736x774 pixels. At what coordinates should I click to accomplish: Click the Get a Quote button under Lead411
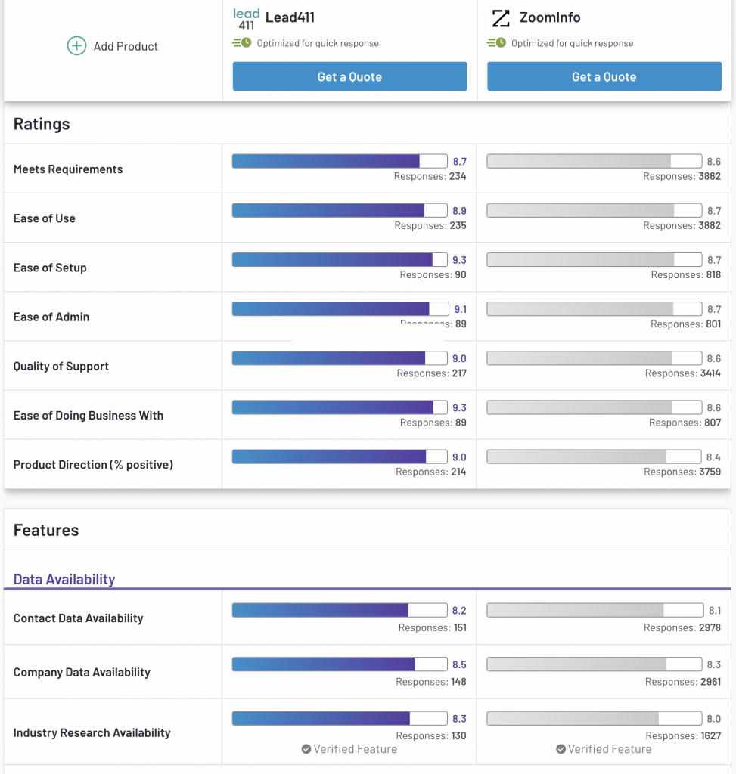click(x=349, y=76)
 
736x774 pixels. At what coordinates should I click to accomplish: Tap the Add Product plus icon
click(x=76, y=46)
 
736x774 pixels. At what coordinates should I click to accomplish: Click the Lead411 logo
click(x=246, y=20)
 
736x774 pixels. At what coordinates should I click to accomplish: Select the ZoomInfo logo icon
click(x=501, y=18)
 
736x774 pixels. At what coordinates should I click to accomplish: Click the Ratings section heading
click(x=42, y=124)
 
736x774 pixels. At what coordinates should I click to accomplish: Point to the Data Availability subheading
click(x=64, y=580)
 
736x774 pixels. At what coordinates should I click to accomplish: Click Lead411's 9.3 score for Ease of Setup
click(x=459, y=260)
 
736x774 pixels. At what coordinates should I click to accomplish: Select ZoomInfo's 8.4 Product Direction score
click(x=713, y=457)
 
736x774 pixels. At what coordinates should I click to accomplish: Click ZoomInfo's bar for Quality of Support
click(x=594, y=358)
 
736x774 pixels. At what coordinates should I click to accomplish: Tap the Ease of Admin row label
click(x=51, y=317)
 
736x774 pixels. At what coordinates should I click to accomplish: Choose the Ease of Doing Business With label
click(x=89, y=415)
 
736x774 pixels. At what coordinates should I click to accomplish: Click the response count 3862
click(x=709, y=176)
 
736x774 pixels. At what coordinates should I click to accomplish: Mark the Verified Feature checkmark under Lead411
click(x=306, y=749)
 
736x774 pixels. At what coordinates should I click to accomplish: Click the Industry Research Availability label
click(x=92, y=732)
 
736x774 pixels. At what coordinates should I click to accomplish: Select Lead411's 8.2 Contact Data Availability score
click(x=459, y=611)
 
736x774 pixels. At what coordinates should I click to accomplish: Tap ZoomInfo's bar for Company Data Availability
click(x=594, y=664)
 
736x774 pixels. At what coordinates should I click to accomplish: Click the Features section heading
click(x=46, y=530)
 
